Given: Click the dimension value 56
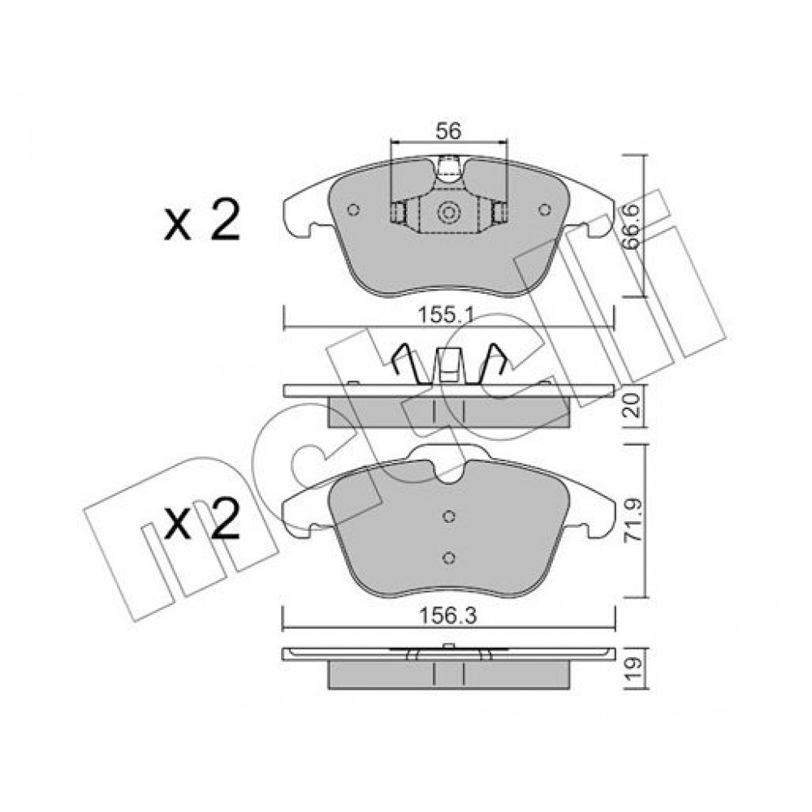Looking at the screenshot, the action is tap(448, 132).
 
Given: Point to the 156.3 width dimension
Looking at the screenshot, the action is tap(448, 616).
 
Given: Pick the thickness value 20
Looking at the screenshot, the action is tap(633, 405).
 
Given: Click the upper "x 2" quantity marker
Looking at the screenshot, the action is tap(202, 221).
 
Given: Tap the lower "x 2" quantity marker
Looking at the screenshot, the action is tap(202, 520).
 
